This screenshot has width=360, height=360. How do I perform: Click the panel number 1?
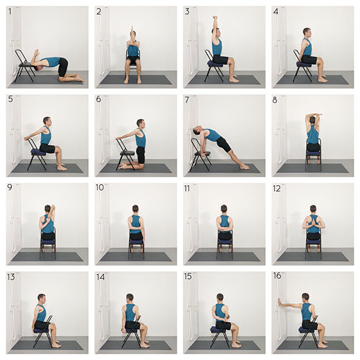click(10, 12)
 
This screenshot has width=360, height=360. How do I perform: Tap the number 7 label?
click(187, 100)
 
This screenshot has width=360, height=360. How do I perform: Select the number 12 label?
click(276, 188)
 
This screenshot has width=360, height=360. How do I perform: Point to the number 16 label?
click(277, 276)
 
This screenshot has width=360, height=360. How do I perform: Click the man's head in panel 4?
click(307, 33)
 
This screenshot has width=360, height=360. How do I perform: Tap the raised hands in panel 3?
click(215, 18)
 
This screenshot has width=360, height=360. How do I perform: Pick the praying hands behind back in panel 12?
click(312, 221)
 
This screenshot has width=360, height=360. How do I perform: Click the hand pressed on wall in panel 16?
click(279, 302)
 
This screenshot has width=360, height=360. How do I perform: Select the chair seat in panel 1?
click(26, 65)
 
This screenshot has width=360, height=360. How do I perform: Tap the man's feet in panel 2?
click(132, 80)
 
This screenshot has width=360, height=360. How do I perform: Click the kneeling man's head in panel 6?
click(141, 123)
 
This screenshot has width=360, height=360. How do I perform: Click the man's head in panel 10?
click(136, 209)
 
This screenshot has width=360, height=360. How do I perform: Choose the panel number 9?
click(10, 188)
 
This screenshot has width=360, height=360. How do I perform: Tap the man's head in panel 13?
click(42, 299)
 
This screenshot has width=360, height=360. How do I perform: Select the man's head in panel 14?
click(130, 298)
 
